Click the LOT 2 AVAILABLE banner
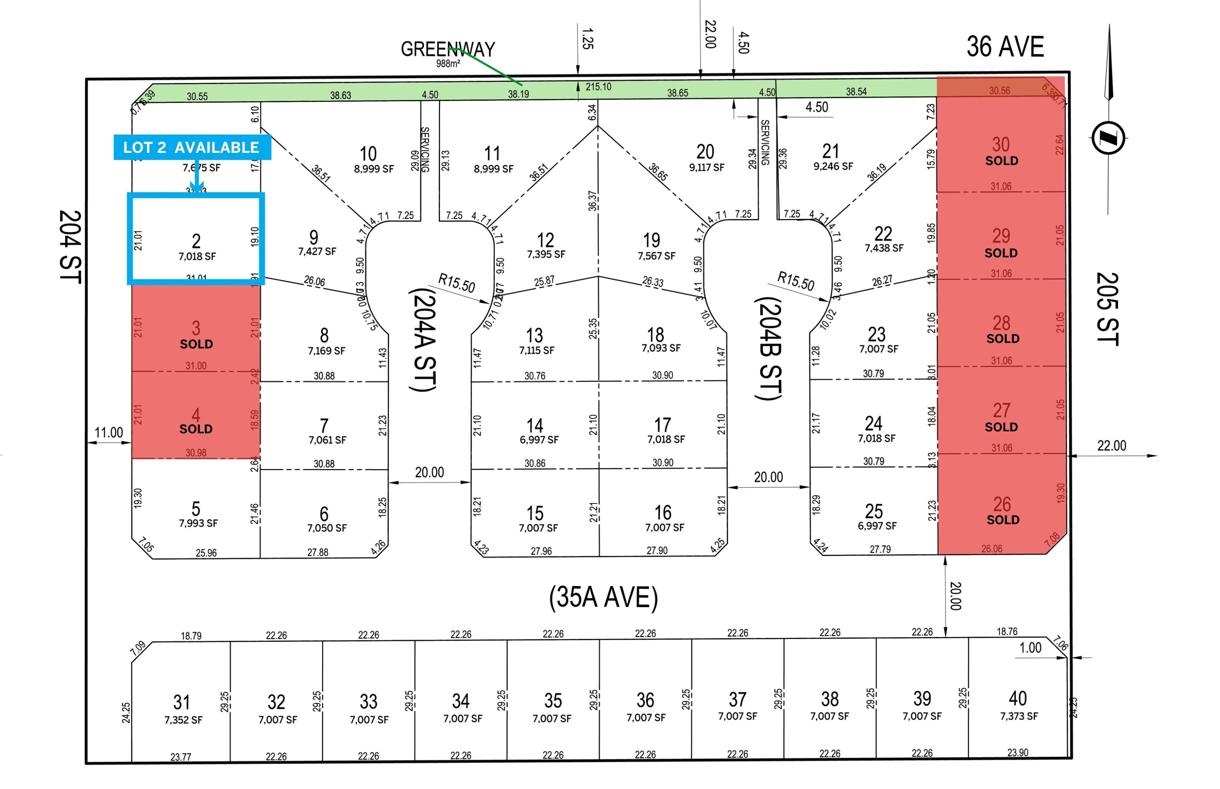[191, 148]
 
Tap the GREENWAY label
[448, 49]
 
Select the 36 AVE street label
[1005, 47]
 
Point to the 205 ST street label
[1107, 309]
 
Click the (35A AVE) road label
[603, 597]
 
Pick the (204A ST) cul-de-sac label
[423, 340]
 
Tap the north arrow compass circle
[1108, 138]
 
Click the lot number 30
[1001, 144]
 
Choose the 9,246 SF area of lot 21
[833, 166]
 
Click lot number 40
[1018, 698]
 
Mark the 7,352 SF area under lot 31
[183, 720]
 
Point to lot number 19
[651, 240]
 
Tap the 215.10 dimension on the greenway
[598, 87]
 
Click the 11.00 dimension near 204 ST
[109, 432]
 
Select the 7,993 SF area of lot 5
[198, 523]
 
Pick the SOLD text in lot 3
[196, 344]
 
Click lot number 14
[535, 425]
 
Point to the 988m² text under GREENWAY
[448, 63]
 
